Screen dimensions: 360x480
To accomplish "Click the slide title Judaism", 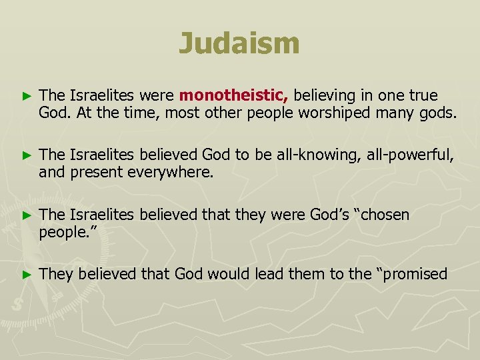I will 239,44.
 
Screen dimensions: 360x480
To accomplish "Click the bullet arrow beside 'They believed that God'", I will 26,274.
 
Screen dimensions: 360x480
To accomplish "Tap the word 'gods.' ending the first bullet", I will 439,113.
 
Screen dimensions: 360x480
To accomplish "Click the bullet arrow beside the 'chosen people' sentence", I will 26,215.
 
